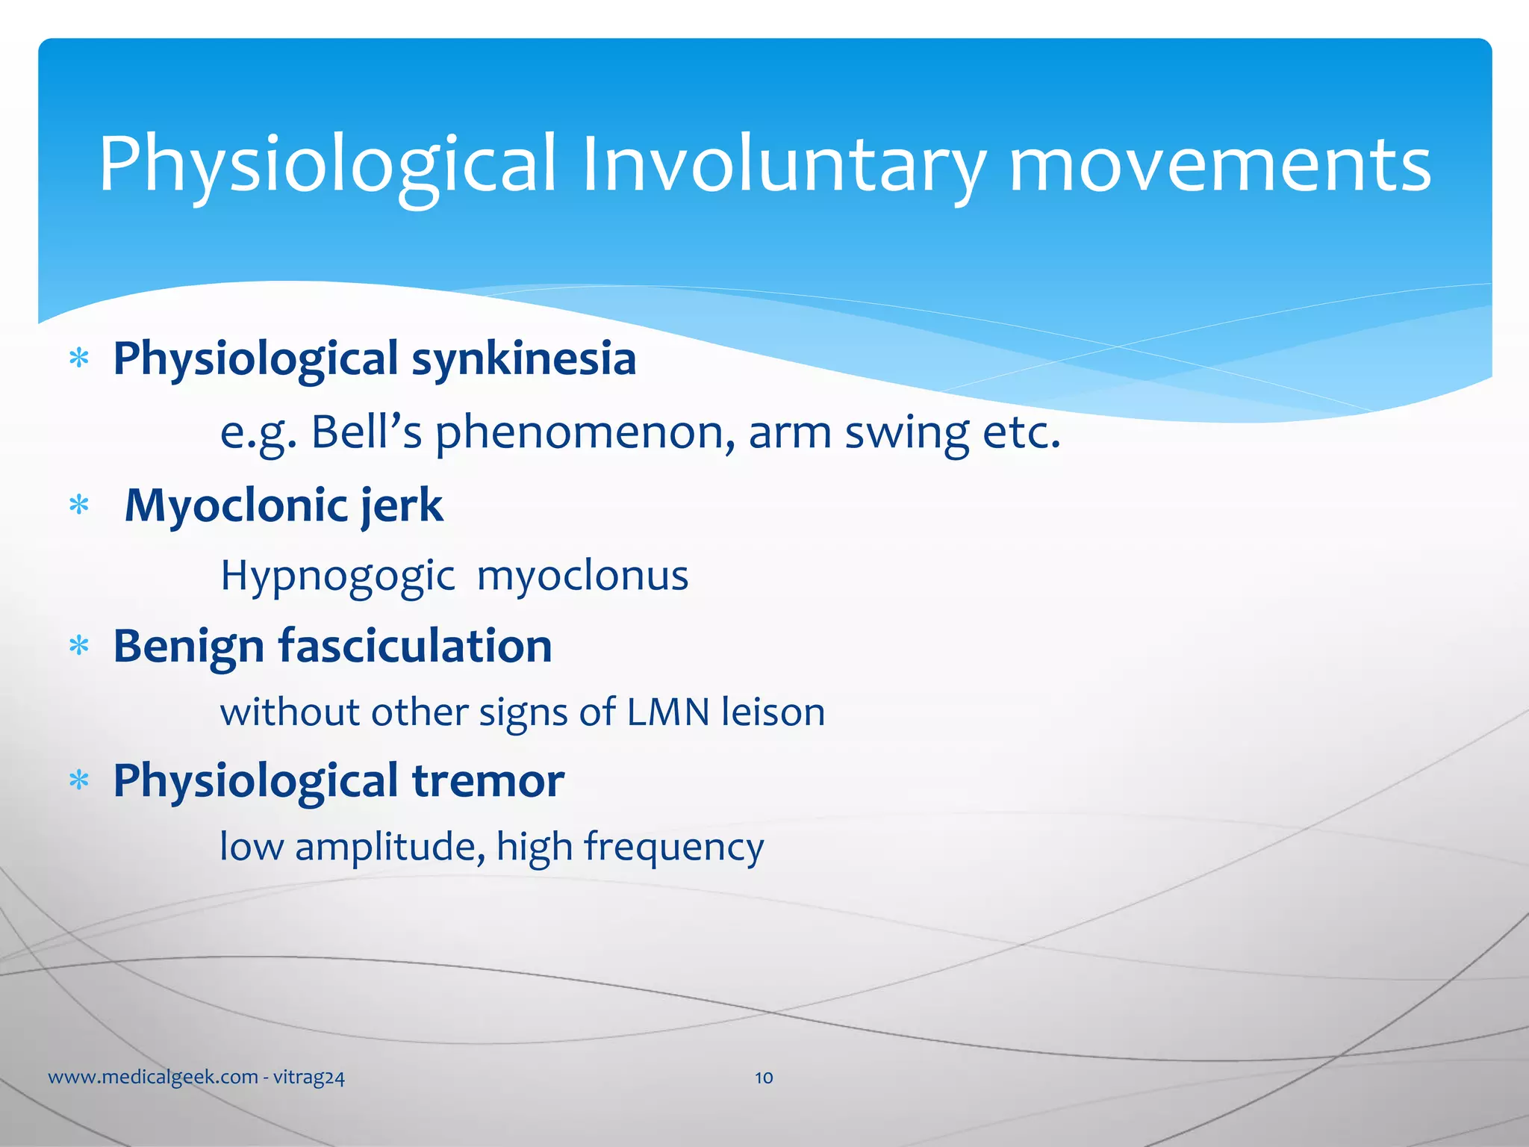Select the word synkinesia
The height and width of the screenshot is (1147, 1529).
(523, 359)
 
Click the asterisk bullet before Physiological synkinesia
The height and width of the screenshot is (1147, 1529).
(78, 359)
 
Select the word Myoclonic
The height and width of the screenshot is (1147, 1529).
(236, 506)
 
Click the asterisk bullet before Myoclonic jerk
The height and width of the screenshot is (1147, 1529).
(78, 506)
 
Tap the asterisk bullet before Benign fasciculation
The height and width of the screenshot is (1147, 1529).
(78, 646)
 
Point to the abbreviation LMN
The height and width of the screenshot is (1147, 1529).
(667, 712)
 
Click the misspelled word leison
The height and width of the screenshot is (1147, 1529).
(773, 712)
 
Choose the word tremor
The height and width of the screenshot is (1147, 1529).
(488, 781)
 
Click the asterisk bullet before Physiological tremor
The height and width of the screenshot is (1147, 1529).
(78, 781)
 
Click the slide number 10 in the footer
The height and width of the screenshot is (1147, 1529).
(764, 1078)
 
